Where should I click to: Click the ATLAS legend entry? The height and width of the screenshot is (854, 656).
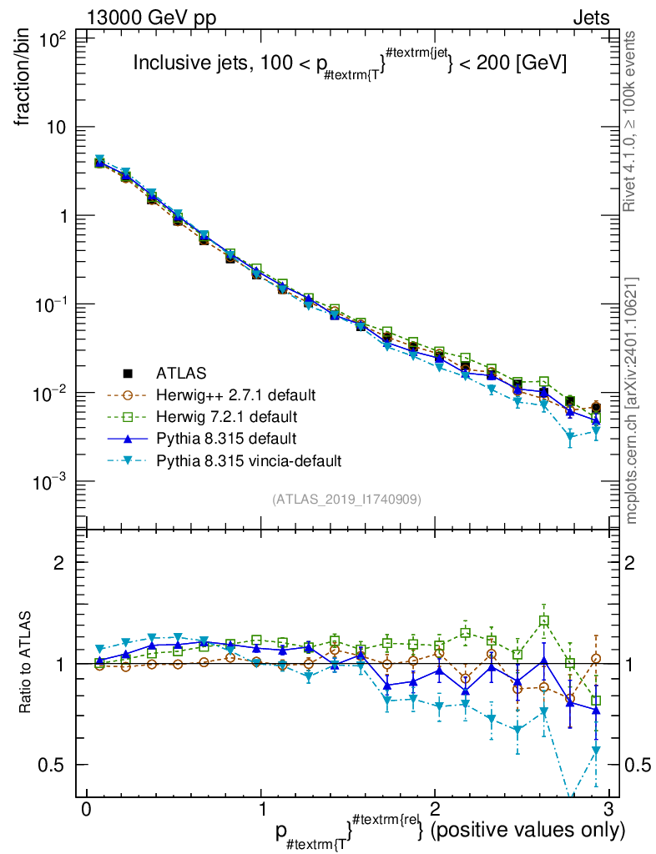coord(179,372)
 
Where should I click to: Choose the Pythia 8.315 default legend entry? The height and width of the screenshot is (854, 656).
coord(225,438)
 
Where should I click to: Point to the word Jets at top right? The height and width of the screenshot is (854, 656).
coord(590,18)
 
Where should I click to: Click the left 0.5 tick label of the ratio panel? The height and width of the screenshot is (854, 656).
coord(57,765)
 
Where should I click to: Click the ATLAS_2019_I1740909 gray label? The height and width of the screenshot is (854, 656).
coord(346,499)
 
